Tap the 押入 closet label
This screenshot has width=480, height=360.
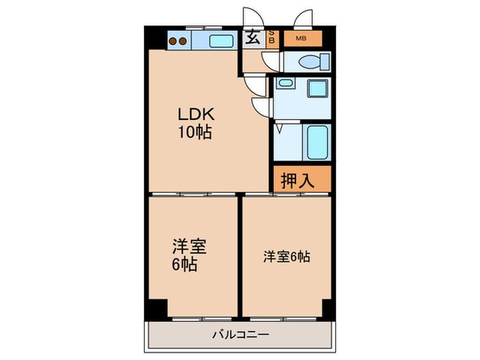pos(298,181)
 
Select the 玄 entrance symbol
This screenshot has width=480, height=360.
pos(253,38)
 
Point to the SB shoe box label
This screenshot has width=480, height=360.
pos(272,38)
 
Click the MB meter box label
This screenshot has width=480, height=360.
pos(301,38)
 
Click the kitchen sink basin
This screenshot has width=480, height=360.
pos(221,40)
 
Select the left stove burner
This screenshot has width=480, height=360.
pos(173,40)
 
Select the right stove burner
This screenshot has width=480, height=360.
pos(184,40)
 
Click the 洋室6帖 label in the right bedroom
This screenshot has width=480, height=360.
pos(287,257)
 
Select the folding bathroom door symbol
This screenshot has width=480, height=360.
pos(280,128)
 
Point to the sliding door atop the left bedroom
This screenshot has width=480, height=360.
pos(194,195)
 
